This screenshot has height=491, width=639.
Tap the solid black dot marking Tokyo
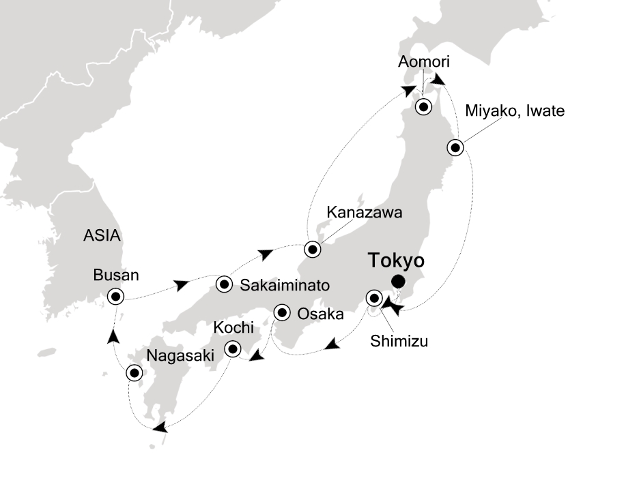click(x=397, y=282)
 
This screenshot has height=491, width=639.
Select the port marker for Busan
click(x=115, y=296)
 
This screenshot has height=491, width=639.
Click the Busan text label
click(x=116, y=276)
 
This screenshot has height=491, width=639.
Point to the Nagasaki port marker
click(x=134, y=373)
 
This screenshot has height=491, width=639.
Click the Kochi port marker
click(x=233, y=349)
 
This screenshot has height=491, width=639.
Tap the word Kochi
click(x=233, y=327)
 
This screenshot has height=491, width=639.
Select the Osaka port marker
click(x=281, y=313)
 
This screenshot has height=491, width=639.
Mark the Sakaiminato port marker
click(x=224, y=284)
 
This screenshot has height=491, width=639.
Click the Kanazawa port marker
click(x=313, y=249)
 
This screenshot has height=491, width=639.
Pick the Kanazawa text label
click(x=364, y=212)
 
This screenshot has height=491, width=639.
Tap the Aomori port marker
click(x=424, y=107)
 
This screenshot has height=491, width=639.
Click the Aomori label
click(x=424, y=63)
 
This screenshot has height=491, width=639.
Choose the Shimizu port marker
click(x=374, y=297)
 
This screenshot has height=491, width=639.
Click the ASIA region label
click(x=102, y=237)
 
